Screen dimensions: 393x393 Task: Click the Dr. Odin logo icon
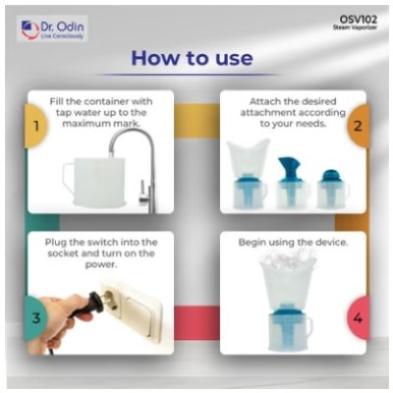coord(29,29)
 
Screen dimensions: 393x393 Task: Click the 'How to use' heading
coord(192,58)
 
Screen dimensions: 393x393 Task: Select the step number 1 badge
coord(36,126)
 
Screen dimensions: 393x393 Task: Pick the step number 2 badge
coord(358,126)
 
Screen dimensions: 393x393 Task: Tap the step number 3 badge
coord(35,317)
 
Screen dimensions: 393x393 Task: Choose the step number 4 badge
coord(358,317)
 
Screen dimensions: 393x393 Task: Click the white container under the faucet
coord(95,181)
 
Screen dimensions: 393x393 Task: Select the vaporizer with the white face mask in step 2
coord(248,173)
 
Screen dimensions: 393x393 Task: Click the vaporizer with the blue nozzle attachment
coord(290,183)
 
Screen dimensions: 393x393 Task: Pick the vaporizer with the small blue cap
coord(331,189)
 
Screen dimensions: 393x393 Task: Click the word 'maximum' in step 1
coord(84,124)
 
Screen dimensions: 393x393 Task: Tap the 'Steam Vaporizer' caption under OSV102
coord(355,28)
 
